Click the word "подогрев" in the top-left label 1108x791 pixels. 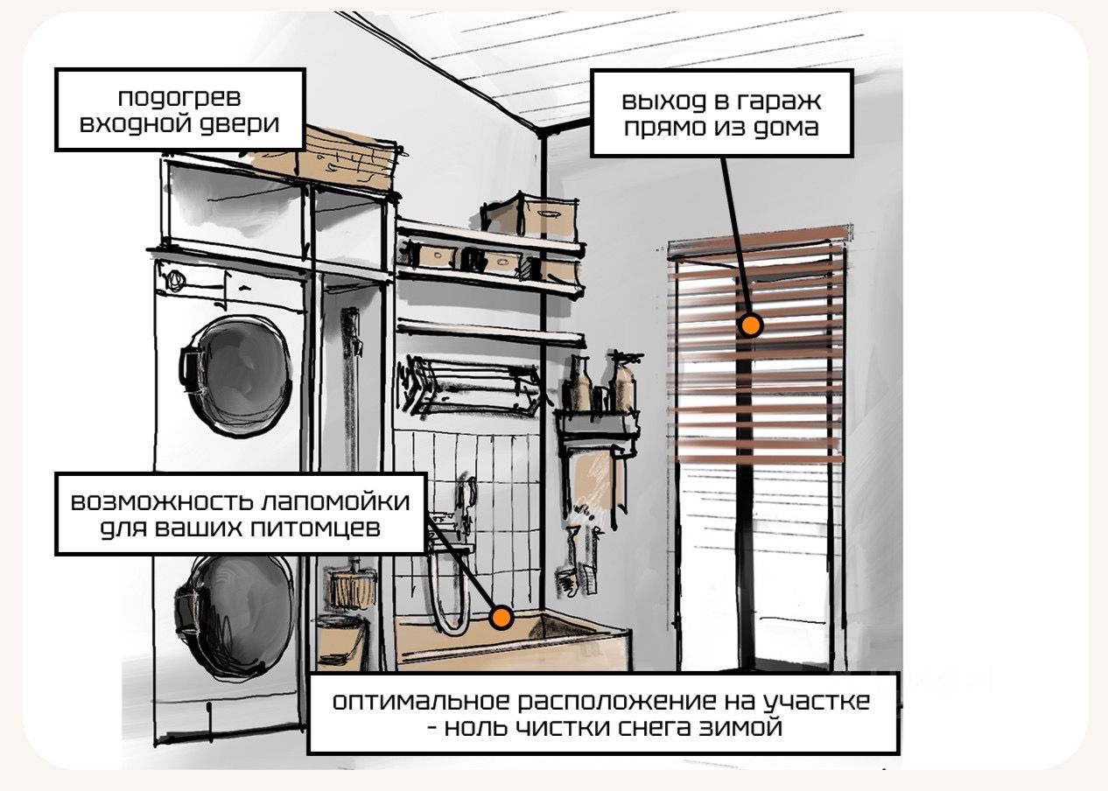[179, 97]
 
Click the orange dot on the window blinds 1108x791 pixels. [750, 325]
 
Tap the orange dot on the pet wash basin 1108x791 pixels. [501, 618]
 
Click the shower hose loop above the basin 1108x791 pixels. [451, 595]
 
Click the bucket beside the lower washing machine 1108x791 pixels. [342, 639]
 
